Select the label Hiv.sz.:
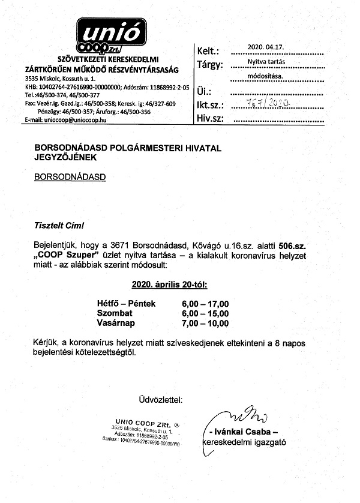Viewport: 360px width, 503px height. click(210, 118)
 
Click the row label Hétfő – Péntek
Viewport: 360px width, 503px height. click(126, 304)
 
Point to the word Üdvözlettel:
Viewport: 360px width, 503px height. click(159, 399)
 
